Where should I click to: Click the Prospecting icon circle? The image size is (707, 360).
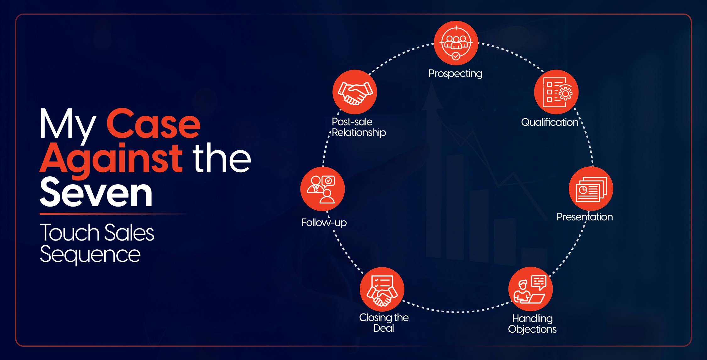pyautogui.click(x=456, y=43)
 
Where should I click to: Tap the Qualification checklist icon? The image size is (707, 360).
pyautogui.click(x=556, y=92)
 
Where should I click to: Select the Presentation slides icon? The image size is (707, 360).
pyautogui.click(x=591, y=189)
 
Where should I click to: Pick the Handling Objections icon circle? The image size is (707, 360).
pyautogui.click(x=530, y=289)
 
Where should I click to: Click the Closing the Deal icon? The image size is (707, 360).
pyautogui.click(x=382, y=290)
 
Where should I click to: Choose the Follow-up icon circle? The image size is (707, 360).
pyautogui.click(x=323, y=189)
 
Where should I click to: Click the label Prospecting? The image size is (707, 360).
pyautogui.click(x=455, y=74)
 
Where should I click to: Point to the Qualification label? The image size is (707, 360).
pyautogui.click(x=550, y=122)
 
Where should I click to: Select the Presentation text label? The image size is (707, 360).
pyautogui.click(x=584, y=217)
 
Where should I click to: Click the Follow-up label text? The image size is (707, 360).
pyautogui.click(x=324, y=223)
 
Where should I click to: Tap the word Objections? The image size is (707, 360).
pyautogui.click(x=532, y=329)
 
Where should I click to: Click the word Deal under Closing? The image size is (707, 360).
pyautogui.click(x=384, y=328)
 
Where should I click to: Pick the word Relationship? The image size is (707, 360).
pyautogui.click(x=359, y=133)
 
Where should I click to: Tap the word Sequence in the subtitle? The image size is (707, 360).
pyautogui.click(x=90, y=254)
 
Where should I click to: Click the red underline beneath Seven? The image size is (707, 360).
pyautogui.click(x=113, y=214)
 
